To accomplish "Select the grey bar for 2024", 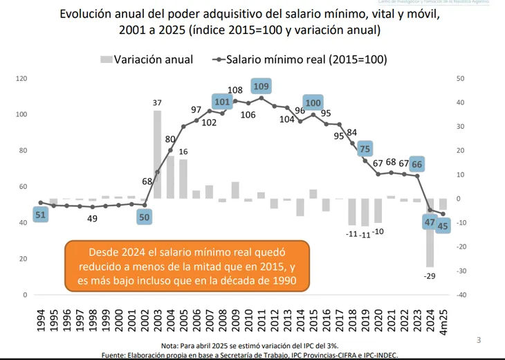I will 430,233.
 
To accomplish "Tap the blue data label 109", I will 261,87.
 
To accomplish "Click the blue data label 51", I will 41,215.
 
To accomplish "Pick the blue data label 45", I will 443,225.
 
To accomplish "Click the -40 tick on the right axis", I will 461,295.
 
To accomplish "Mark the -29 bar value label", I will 430,276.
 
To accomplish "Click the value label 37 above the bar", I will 158,102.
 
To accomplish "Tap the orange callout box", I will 186,265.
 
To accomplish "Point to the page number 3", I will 479,340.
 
